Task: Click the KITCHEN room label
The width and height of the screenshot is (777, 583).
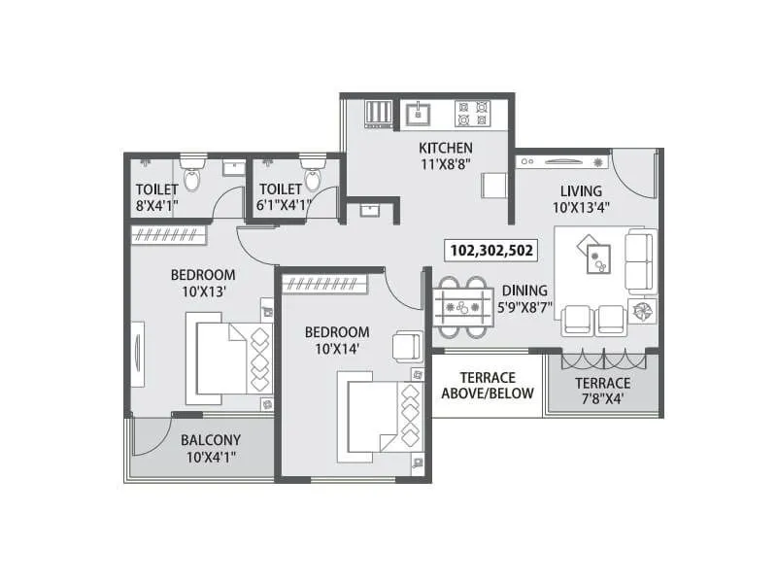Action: click(446, 148)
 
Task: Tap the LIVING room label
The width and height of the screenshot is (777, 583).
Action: click(581, 190)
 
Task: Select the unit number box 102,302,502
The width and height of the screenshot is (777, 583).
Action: click(491, 250)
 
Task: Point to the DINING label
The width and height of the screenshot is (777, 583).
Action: click(524, 290)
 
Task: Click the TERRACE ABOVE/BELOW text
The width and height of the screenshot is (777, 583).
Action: click(488, 386)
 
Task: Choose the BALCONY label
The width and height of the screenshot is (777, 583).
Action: click(211, 438)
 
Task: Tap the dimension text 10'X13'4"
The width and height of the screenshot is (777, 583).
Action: click(581, 208)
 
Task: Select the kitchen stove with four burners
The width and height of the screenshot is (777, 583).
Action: click(472, 113)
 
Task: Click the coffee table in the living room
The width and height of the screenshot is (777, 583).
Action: click(595, 255)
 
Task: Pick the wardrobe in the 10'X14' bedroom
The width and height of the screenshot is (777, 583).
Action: click(325, 284)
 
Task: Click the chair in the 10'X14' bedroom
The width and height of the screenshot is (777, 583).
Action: click(405, 346)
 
